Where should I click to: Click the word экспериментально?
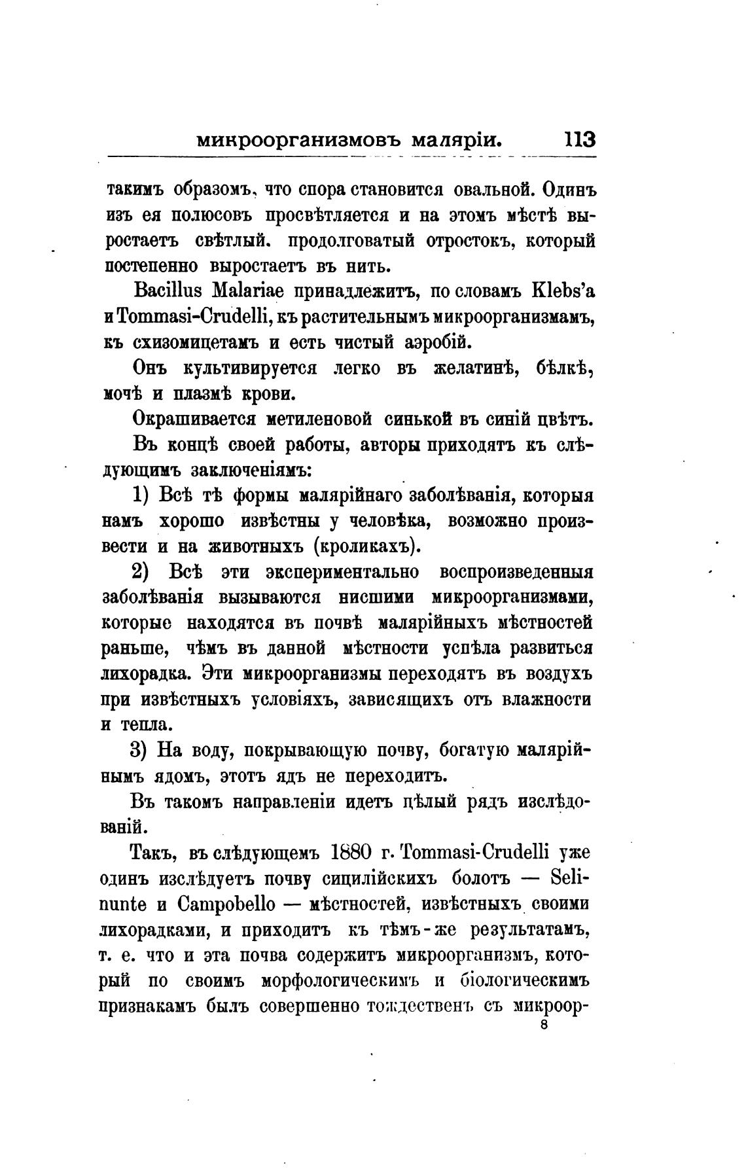[x=342, y=571]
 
